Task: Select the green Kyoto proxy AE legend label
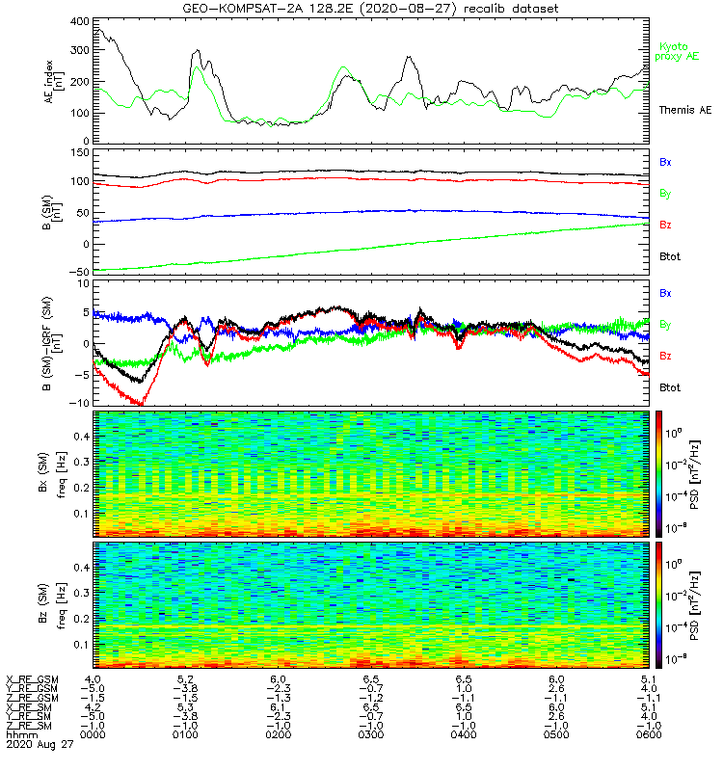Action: click(x=679, y=51)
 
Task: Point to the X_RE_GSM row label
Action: click(x=32, y=680)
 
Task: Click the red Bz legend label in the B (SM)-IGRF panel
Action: click(x=666, y=357)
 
